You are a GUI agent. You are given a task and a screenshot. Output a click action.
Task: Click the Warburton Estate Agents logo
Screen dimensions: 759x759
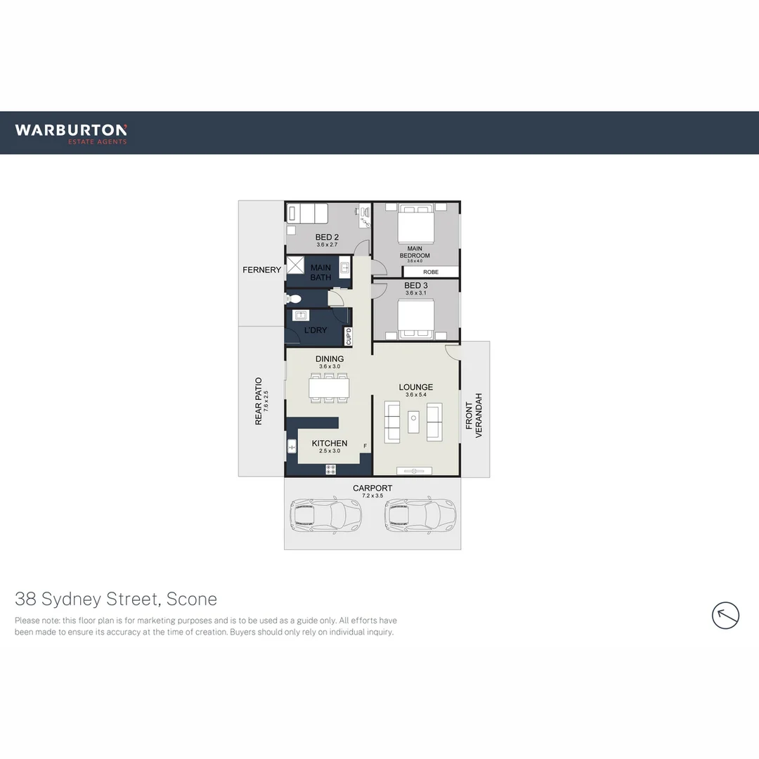tap(71, 133)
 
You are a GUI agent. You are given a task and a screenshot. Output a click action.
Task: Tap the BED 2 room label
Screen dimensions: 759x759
tap(327, 238)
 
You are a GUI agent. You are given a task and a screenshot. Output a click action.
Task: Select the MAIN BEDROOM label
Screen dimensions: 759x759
tap(415, 252)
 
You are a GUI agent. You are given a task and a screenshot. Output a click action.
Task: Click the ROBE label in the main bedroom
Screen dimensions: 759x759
tap(430, 271)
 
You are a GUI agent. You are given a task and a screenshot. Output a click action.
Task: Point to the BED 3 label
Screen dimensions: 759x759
tap(416, 285)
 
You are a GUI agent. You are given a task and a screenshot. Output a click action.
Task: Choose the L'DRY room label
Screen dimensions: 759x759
tap(315, 330)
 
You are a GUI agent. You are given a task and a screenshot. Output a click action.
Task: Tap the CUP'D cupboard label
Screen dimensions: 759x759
tap(348, 337)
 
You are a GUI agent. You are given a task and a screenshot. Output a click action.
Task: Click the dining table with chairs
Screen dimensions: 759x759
tap(330, 388)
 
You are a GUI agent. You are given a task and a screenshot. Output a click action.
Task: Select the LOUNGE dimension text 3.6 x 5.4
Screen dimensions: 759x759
tap(416, 395)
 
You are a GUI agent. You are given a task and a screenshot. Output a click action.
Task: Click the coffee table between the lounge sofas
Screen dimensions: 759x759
tap(413, 422)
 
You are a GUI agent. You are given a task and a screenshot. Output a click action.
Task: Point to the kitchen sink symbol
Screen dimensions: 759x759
tap(292, 446)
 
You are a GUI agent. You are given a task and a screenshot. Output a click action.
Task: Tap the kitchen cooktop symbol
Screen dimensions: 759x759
tap(330, 469)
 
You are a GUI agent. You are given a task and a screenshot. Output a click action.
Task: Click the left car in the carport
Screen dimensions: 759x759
tap(325, 517)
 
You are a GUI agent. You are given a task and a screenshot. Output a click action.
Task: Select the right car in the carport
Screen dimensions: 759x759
tap(420, 517)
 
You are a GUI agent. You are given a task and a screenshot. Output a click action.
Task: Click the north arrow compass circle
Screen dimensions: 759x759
tap(725, 616)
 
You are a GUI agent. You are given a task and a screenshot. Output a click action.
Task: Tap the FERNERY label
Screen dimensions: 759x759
tap(261, 270)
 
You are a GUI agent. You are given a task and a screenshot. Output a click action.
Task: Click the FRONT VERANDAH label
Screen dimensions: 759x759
tap(474, 420)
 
